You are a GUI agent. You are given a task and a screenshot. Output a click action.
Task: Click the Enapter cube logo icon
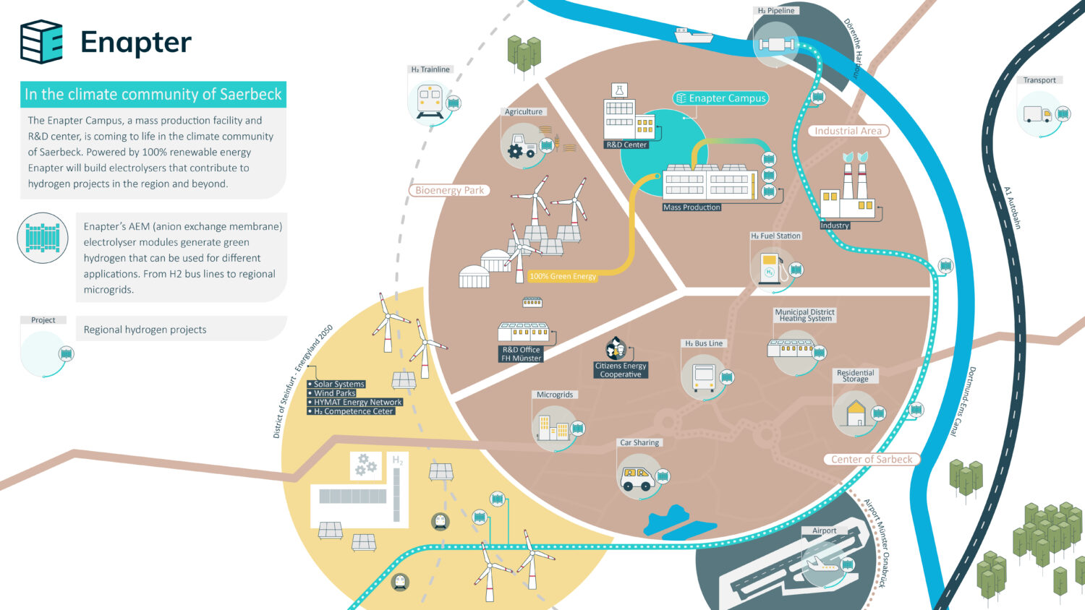click(41, 42)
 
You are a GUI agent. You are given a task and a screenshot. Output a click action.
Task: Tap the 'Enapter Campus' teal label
click(720, 98)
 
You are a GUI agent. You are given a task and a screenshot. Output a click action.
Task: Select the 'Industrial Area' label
click(848, 131)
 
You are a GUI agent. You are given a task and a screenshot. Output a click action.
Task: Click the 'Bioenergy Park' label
click(449, 190)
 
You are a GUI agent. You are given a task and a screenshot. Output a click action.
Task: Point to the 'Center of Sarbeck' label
click(872, 459)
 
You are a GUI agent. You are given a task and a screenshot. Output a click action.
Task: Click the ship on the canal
click(693, 35)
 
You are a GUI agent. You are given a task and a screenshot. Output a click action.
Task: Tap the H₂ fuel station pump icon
click(771, 267)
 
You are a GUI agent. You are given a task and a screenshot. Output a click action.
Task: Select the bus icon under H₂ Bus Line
click(704, 377)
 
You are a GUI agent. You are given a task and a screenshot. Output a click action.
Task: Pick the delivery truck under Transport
click(1037, 114)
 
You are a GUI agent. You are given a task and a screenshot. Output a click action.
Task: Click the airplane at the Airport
click(822, 564)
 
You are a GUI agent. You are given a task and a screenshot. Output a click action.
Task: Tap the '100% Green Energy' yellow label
click(562, 276)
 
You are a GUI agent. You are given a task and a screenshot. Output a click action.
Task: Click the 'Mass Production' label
click(692, 207)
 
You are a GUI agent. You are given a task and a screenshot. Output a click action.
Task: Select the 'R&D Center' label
click(626, 145)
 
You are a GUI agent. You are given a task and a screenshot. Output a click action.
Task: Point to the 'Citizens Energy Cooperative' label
click(621, 370)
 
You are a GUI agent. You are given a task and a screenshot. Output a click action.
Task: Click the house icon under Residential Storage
click(856, 413)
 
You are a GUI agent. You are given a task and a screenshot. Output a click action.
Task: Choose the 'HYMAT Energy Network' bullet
click(355, 403)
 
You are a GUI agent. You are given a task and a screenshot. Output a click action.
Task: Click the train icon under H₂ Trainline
click(430, 101)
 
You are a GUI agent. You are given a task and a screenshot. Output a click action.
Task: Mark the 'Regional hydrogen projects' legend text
click(145, 330)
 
